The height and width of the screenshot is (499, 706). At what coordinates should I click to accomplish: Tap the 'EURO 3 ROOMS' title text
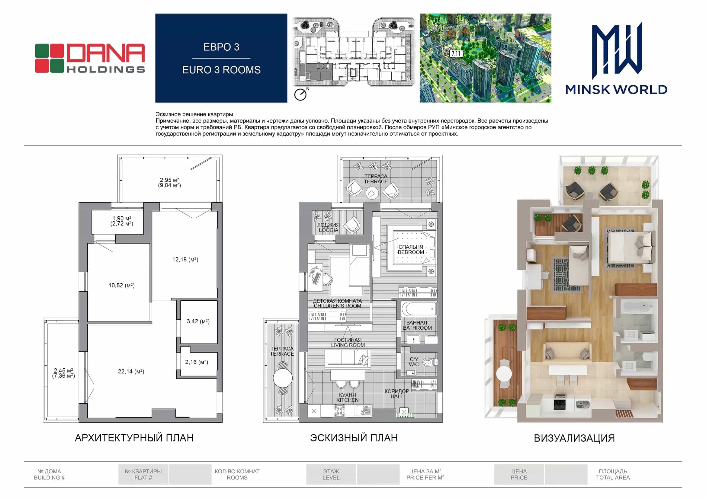pos(221,70)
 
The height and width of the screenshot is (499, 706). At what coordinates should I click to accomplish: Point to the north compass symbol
pos(301,94)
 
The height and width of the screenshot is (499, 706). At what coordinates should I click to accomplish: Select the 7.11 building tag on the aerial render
pos(456,54)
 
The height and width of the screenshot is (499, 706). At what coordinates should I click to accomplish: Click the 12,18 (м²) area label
pos(185,260)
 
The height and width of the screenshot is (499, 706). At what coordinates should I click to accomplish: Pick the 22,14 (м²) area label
pos(131,371)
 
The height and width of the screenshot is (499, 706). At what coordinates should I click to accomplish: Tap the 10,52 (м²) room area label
pos(121,285)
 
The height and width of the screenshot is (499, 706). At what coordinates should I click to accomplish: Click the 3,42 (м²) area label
pos(198,321)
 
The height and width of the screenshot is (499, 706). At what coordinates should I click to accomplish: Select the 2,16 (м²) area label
pos(197,362)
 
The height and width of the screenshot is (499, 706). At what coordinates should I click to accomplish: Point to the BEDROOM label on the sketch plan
pos(411,252)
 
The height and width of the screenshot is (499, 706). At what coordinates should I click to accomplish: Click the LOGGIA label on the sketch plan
pos(329,230)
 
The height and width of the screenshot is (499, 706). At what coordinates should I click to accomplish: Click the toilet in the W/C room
pos(429,362)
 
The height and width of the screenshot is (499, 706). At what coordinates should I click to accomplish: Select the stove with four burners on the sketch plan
pos(339,411)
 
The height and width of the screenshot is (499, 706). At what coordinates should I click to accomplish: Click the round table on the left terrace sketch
pos(283,378)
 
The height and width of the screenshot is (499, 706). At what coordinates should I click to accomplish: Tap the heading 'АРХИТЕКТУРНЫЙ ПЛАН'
pos(134,438)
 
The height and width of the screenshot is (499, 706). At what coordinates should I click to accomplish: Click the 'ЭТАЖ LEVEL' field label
pos(331,475)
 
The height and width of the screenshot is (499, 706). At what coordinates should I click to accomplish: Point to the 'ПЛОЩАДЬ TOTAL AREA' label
pos(613,475)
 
